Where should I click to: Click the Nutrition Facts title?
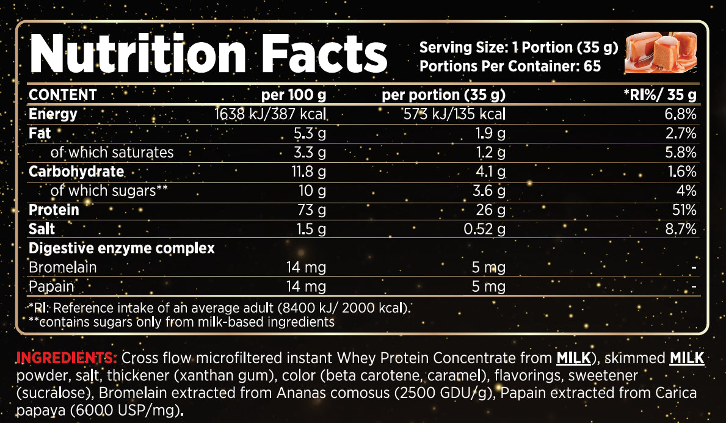tap(208, 55)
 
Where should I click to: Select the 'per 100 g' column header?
tap(294, 95)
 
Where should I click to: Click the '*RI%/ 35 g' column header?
tap(659, 95)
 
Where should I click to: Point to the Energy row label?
tap(53, 114)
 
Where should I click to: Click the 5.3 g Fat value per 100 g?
tap(310, 133)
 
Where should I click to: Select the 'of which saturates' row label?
tap(112, 152)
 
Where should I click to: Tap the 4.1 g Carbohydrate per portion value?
tap(490, 172)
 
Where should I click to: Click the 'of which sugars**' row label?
tap(109, 190)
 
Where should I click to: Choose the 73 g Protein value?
tap(312, 210)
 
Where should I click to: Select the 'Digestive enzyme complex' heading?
tap(122, 248)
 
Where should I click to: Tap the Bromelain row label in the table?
tap(63, 267)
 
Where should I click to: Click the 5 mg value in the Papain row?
tap(488, 287)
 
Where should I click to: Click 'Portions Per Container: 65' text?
tap(510, 65)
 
